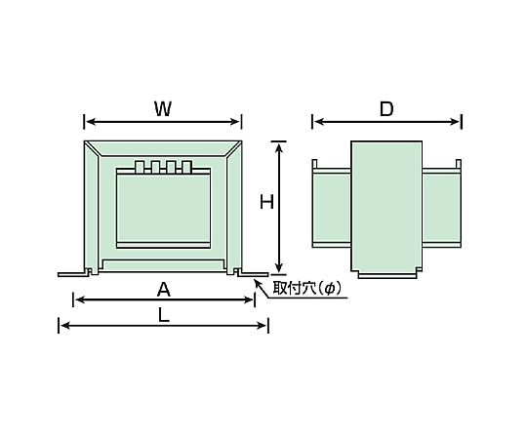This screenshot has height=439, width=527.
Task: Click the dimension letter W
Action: coord(163,109)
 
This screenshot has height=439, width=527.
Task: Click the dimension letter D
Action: coord(386,109)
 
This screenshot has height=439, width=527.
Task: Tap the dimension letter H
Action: coord(266,203)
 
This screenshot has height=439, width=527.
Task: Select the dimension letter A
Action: coord(164,290)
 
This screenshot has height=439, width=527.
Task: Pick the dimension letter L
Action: coord(164,315)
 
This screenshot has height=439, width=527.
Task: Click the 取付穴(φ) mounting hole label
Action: coord(306,288)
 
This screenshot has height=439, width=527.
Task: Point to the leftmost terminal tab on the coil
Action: coord(140,167)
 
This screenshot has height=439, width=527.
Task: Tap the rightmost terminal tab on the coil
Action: coord(186,167)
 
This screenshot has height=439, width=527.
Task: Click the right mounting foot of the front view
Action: coord(252,273)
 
